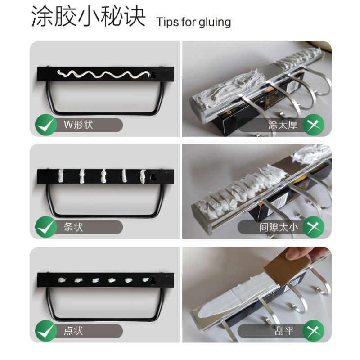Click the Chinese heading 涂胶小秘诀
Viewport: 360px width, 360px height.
click(x=88, y=17)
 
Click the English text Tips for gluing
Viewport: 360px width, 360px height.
click(x=193, y=22)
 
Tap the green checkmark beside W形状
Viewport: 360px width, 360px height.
click(x=46, y=125)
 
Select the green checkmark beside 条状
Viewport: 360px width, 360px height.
click(x=46, y=227)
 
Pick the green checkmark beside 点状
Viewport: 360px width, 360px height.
click(x=46, y=331)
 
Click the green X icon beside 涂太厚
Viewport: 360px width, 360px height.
click(x=314, y=125)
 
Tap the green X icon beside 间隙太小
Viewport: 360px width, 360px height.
click(x=314, y=227)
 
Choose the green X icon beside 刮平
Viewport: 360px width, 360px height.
click(x=314, y=331)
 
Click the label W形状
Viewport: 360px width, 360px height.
click(x=78, y=125)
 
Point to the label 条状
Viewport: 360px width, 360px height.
click(x=73, y=227)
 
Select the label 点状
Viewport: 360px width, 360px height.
click(x=73, y=331)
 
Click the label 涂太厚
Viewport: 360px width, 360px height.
click(x=283, y=125)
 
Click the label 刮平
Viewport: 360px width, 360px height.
click(x=284, y=331)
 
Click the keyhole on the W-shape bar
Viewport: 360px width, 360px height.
click(x=153, y=74)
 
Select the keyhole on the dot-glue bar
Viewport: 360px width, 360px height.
click(x=153, y=280)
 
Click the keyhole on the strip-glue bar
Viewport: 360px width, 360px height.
click(x=153, y=177)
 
